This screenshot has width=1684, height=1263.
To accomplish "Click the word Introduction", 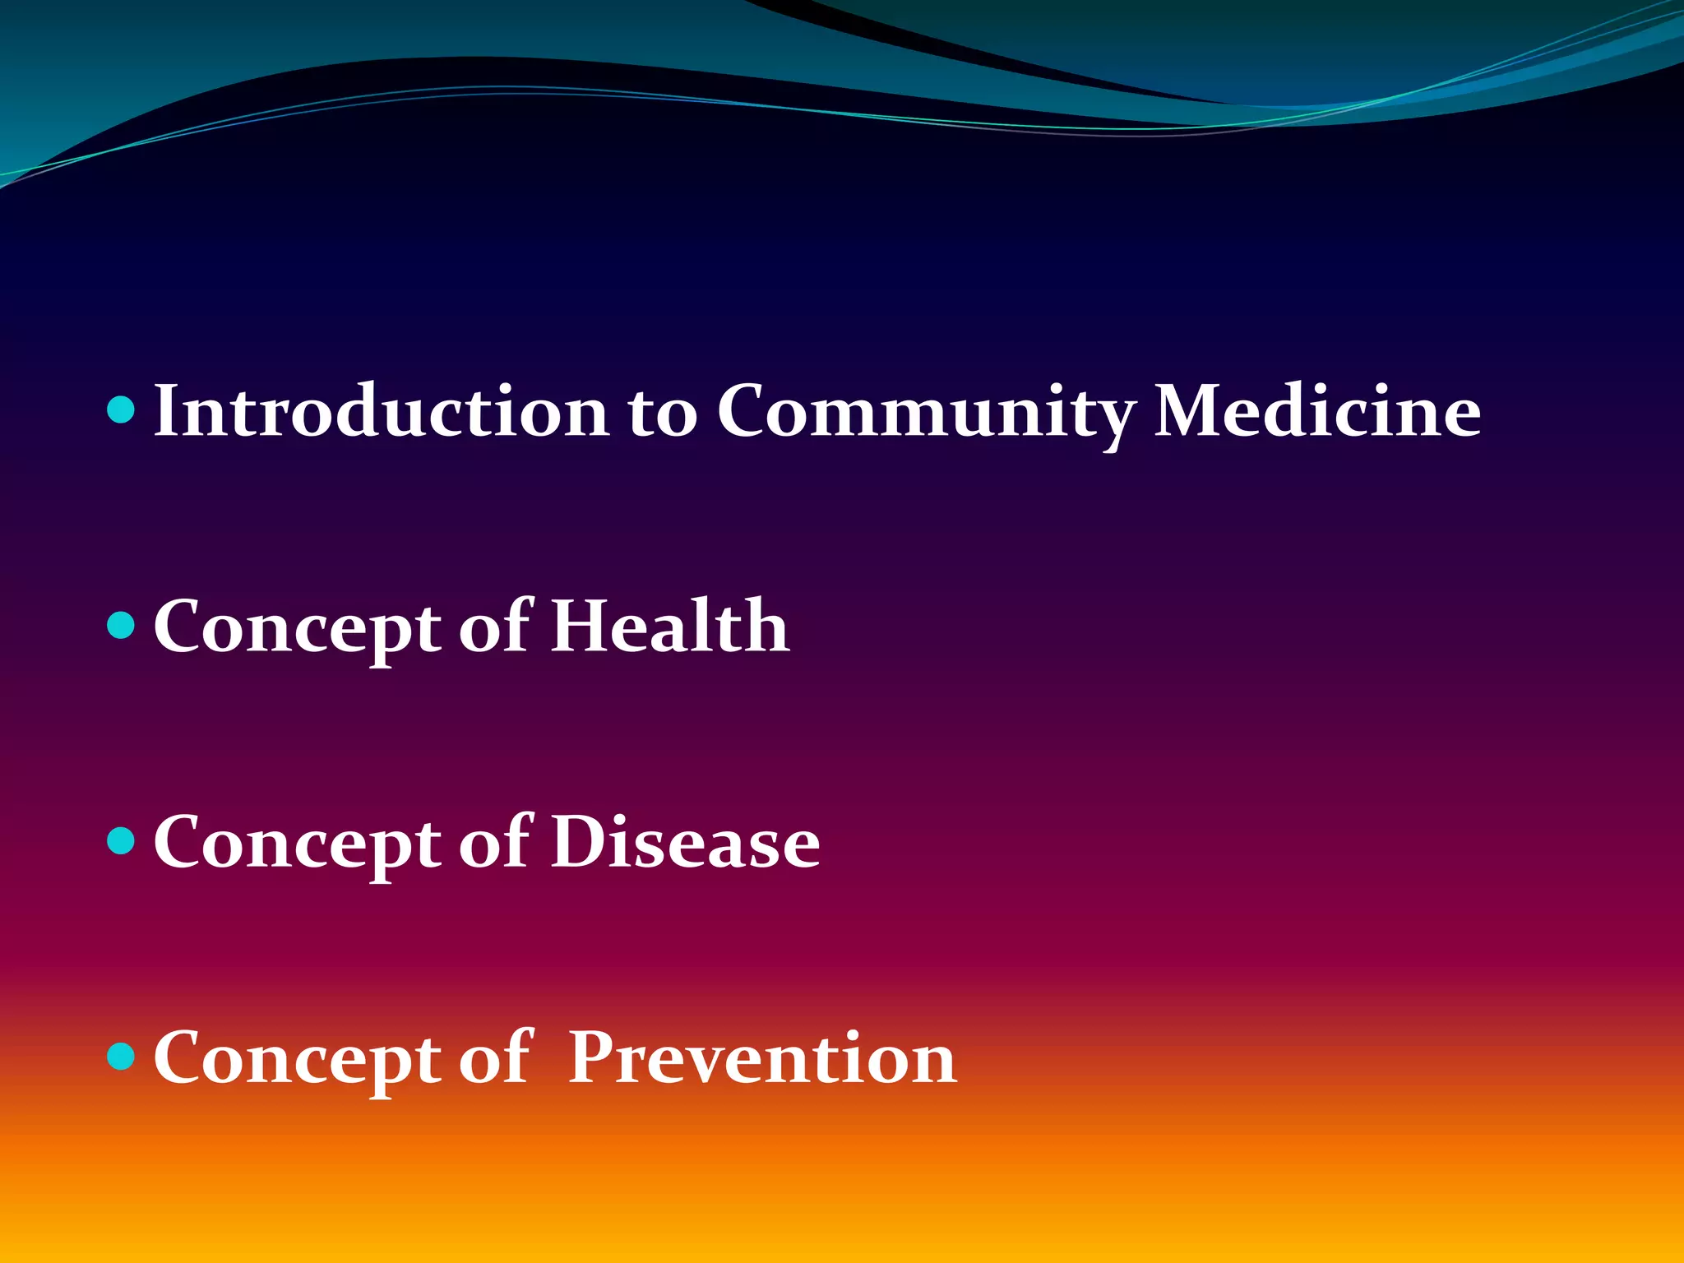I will click(381, 410).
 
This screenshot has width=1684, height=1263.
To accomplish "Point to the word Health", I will click(669, 627).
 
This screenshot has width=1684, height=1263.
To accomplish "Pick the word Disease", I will click(685, 842).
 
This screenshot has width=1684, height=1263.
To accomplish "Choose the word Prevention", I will click(762, 1057).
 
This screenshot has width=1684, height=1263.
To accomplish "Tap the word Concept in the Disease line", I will click(297, 844).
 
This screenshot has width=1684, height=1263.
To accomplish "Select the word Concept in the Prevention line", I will click(297, 1059).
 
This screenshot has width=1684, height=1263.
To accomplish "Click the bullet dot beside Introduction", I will click(121, 409).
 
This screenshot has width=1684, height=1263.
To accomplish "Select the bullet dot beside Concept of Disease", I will click(121, 840).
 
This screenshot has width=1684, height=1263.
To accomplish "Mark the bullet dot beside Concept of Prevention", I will click(121, 1056).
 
